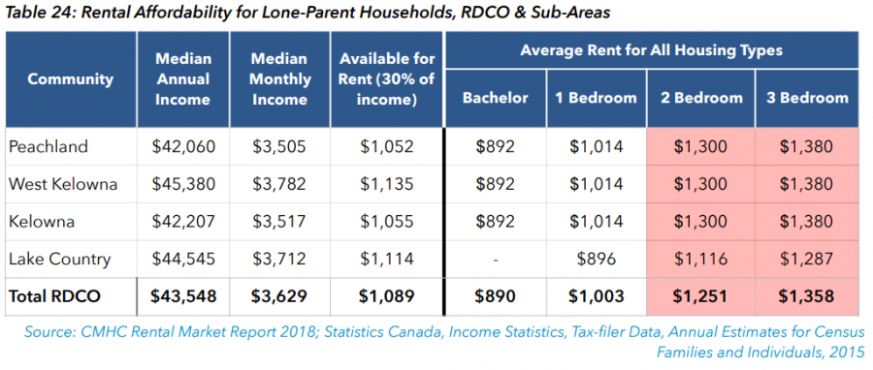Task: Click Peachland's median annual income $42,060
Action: point(183,146)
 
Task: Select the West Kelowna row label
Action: point(63,184)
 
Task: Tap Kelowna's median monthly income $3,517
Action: point(279,221)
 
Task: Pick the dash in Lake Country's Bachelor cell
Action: point(495,260)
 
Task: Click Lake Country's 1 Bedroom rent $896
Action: point(596,259)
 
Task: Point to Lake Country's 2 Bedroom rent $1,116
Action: point(700,259)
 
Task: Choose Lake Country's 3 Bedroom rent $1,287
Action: point(806,259)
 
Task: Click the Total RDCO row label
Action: point(54,296)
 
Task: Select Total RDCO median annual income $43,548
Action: point(183,296)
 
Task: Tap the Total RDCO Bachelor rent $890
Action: point(495,296)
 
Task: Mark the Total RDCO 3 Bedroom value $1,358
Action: point(806,296)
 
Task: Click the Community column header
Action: point(70,78)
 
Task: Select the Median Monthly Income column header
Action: point(279,78)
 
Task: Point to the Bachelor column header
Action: point(495,99)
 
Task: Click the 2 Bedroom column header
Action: point(700,99)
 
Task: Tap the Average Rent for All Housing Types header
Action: point(652,50)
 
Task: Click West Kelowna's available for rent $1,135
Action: point(386,184)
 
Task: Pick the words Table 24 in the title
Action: point(39,13)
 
